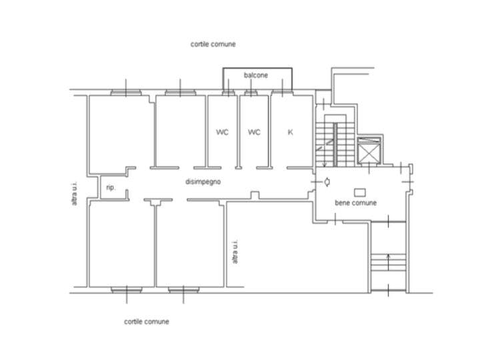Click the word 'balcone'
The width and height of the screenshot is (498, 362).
(x=256, y=75)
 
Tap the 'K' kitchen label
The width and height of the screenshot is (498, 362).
(x=290, y=132)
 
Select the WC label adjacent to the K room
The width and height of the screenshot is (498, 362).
(x=254, y=132)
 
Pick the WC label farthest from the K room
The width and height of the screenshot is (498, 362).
(x=222, y=132)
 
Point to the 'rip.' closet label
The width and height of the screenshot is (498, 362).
(x=111, y=188)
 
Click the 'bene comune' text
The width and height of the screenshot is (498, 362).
(x=355, y=202)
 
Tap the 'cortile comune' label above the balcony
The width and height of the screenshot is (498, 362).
(x=213, y=44)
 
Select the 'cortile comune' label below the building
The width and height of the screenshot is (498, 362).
(x=146, y=321)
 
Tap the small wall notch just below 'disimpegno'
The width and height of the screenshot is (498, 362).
(x=253, y=195)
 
